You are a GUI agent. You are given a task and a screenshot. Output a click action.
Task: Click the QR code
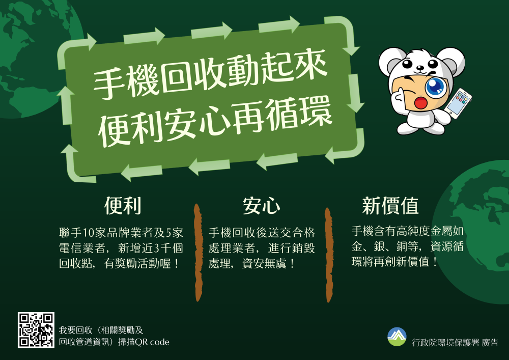pyautogui.click(x=36, y=330)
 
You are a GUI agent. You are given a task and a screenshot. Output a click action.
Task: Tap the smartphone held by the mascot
pyautogui.click(x=459, y=103)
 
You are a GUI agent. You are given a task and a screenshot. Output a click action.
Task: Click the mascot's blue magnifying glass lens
pyautogui.click(x=435, y=87)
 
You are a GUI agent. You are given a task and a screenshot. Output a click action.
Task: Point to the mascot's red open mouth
pyautogui.click(x=421, y=102)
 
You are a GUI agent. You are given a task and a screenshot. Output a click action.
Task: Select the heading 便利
pyautogui.click(x=123, y=206)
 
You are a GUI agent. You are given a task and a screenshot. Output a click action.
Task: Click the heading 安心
pyautogui.click(x=261, y=206)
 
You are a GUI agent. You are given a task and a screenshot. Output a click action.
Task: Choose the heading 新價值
pyautogui.click(x=390, y=206)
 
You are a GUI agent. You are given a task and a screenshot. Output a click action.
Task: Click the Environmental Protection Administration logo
pyautogui.click(x=397, y=336)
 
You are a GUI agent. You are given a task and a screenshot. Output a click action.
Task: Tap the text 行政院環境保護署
pyautogui.click(x=445, y=343)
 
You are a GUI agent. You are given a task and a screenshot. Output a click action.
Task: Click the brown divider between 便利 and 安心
pyautogui.click(x=198, y=253)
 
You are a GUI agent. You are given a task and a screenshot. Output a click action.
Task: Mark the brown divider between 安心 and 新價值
pyautogui.click(x=329, y=255)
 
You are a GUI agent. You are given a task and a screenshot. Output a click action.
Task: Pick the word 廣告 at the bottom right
pyautogui.click(x=490, y=343)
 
